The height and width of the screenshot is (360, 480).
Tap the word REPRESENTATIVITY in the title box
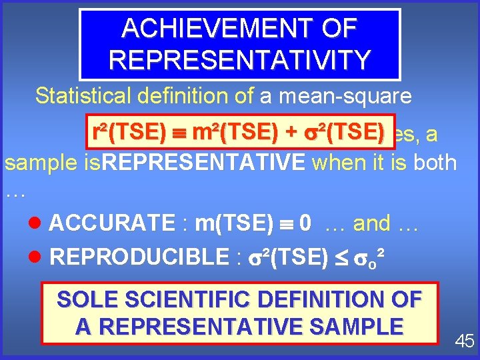pos(239,59)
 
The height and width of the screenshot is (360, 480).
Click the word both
pos(434,162)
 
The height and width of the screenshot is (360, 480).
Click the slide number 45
pos(464,341)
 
